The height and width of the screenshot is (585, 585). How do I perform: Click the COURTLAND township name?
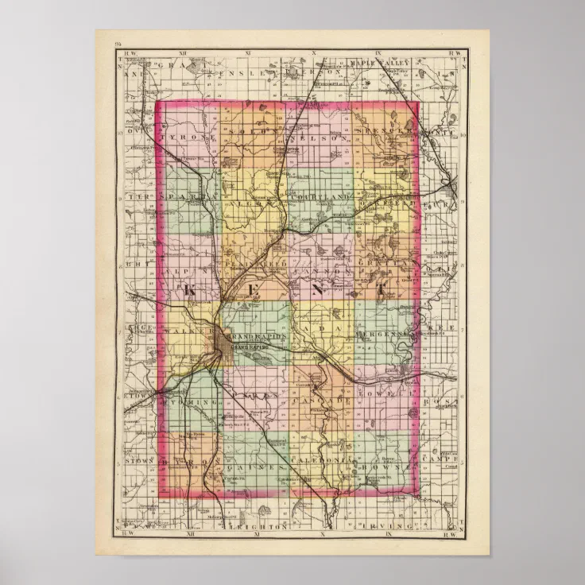321,196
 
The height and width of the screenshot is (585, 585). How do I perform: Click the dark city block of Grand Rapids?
220,342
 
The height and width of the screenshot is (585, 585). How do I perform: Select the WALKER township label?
188,329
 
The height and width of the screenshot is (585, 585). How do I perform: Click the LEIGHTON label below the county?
258,527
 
